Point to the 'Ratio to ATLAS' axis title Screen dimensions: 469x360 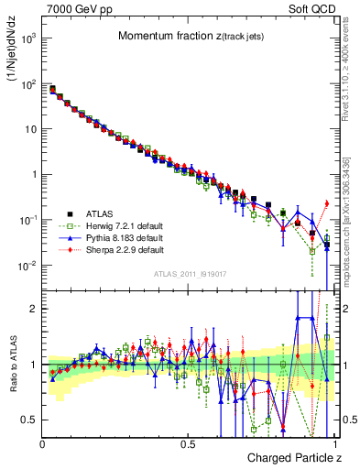(13, 364)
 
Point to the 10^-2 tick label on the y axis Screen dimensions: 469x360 (27, 266)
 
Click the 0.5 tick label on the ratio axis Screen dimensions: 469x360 (30, 420)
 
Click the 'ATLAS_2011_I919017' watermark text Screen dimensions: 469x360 (187, 275)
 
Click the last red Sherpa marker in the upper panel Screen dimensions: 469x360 (327, 203)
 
